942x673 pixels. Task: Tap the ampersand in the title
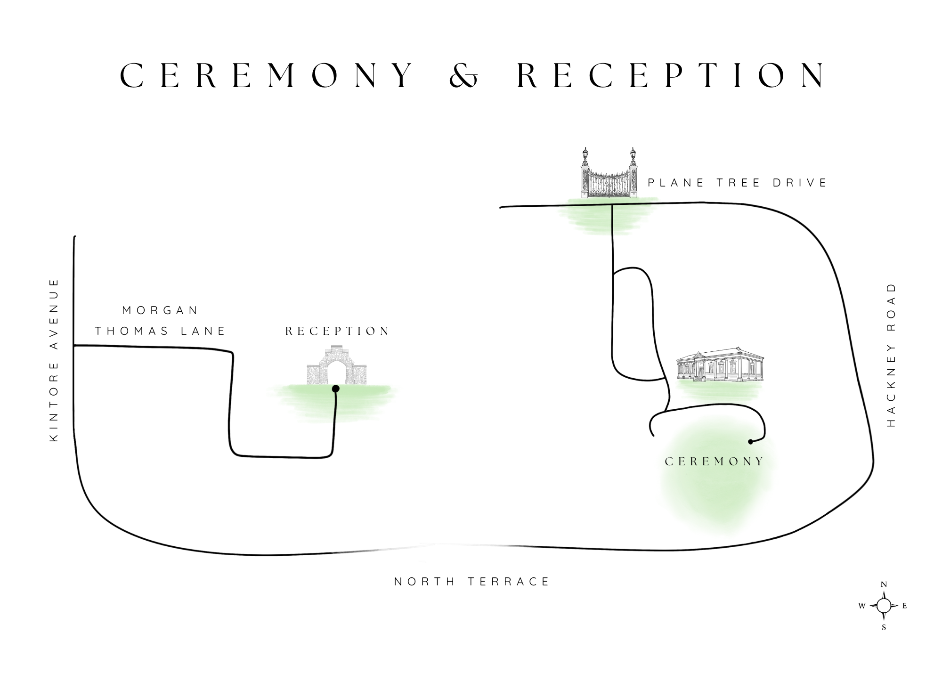click(463, 76)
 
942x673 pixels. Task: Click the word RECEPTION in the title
click(671, 75)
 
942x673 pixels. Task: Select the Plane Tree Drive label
click(737, 183)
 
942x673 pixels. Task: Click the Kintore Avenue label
click(54, 360)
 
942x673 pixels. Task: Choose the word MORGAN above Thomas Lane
click(161, 310)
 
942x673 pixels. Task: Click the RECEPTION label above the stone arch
click(337, 331)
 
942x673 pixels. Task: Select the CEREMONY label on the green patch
click(714, 462)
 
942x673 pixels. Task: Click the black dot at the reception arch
click(336, 389)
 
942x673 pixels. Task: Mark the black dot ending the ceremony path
click(750, 442)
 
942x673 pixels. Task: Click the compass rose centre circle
click(884, 606)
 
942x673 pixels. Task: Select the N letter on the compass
click(884, 584)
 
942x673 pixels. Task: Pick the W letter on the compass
click(861, 606)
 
